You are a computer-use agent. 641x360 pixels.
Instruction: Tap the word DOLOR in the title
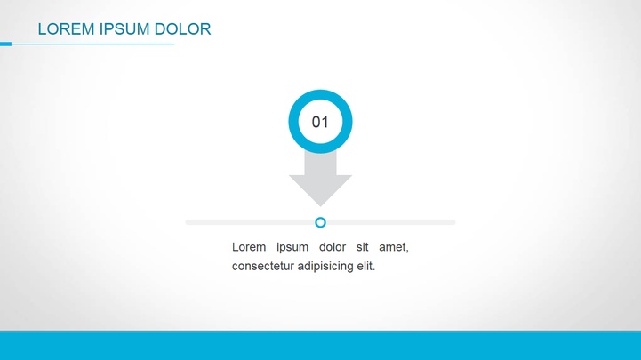(183, 29)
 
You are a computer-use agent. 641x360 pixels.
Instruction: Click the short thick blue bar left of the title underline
(5, 44)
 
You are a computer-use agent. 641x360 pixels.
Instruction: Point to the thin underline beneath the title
(92, 44)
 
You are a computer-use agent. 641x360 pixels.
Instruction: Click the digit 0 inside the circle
(316, 122)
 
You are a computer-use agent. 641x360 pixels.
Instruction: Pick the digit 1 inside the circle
(325, 122)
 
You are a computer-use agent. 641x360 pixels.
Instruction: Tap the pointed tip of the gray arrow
(320, 206)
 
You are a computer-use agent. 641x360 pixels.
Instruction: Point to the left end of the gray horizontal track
(187, 222)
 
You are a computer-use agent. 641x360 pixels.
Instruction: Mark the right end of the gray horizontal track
(454, 222)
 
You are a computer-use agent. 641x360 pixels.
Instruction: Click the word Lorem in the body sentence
(249, 247)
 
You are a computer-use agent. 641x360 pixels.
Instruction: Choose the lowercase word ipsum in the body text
(292, 248)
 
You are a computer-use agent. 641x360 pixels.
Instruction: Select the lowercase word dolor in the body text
(333, 247)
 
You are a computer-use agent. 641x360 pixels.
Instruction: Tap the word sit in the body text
(362, 247)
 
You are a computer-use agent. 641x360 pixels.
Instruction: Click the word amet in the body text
(392, 247)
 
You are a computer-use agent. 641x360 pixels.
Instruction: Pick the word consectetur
(263, 266)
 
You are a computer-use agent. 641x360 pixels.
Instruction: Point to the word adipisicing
(325, 267)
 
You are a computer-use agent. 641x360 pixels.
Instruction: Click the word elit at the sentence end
(365, 266)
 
